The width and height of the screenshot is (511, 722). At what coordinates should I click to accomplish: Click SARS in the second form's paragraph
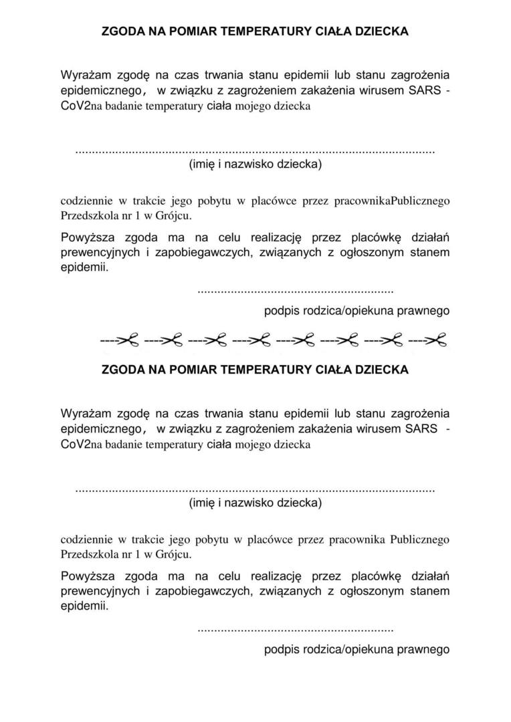pyautogui.click(x=421, y=428)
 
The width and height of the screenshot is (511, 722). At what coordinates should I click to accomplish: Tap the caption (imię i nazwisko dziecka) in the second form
pyautogui.click(x=255, y=502)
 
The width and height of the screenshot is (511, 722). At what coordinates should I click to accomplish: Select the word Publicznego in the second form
pyautogui.click(x=419, y=539)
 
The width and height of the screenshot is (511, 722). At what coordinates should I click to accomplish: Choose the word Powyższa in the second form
pyautogui.click(x=88, y=576)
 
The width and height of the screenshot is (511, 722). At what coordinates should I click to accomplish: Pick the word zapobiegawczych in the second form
pyautogui.click(x=203, y=591)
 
